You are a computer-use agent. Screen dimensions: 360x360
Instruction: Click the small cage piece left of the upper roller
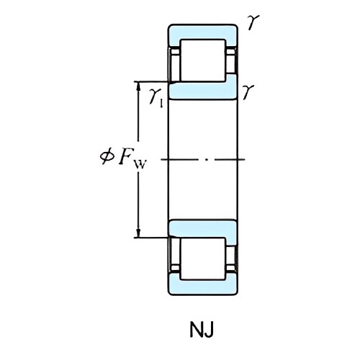coord(174,62)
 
